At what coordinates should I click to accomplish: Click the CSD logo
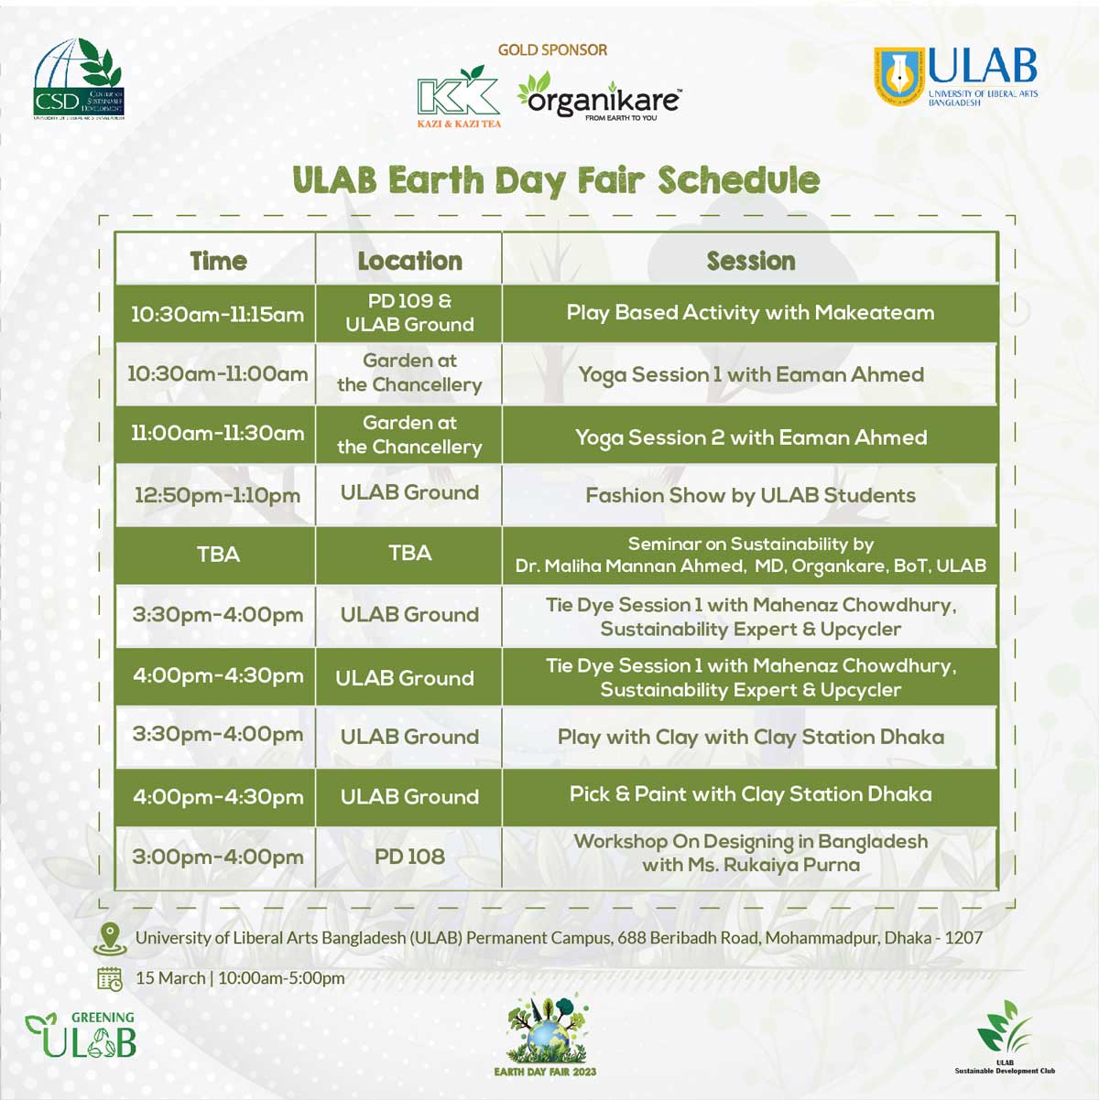[79, 79]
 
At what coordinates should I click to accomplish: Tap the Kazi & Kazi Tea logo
[459, 96]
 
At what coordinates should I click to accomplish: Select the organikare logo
[599, 96]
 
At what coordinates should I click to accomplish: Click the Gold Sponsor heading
[552, 50]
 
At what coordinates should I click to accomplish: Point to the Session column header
[750, 261]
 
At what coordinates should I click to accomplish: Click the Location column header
[409, 261]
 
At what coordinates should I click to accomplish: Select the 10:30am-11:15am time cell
[217, 314]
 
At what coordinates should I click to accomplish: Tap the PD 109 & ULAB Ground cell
[409, 313]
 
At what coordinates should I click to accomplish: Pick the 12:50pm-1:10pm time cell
[217, 495]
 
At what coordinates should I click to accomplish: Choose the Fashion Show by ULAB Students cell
[750, 495]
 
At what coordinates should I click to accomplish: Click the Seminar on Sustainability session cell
[750, 555]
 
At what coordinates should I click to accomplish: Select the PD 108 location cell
[409, 857]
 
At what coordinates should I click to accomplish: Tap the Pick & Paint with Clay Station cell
[750, 794]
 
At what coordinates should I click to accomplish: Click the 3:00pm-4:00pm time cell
[217, 857]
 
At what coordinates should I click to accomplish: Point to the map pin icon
[110, 939]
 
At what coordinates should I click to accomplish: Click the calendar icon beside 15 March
[110, 979]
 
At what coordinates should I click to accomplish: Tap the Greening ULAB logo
[82, 1033]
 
